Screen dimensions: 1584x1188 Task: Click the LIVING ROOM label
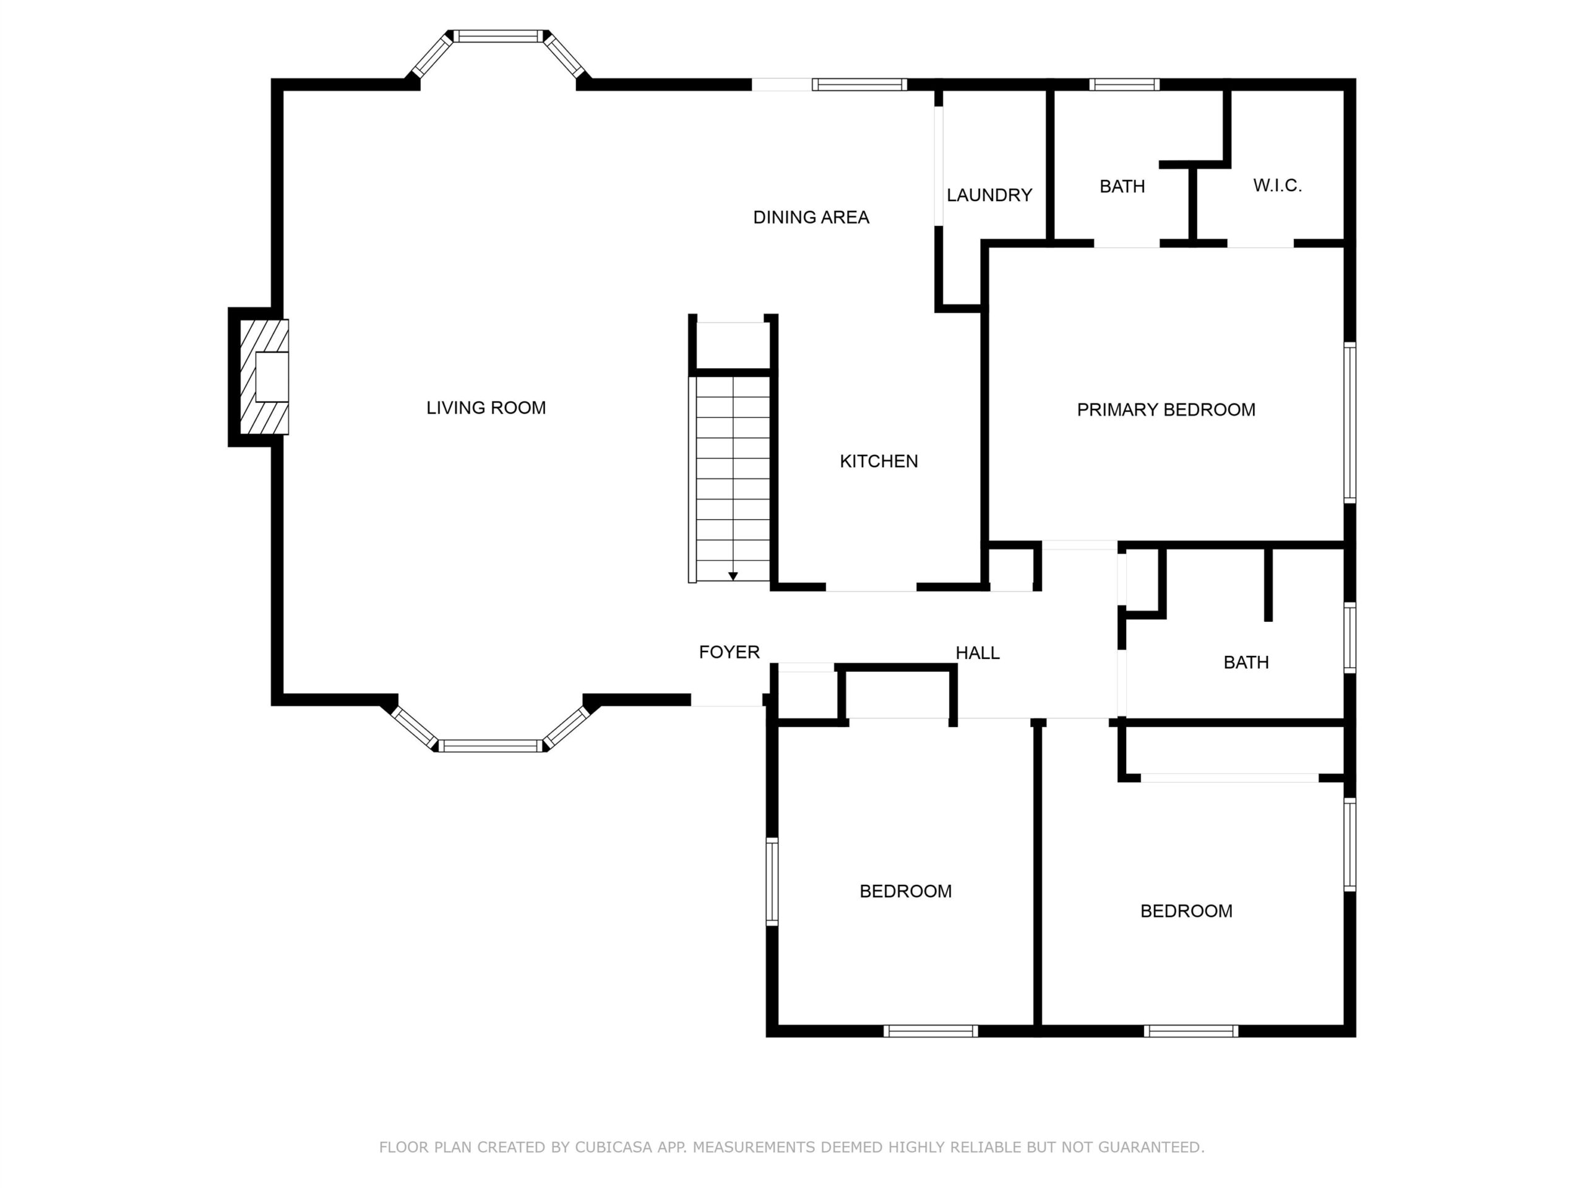pos(486,408)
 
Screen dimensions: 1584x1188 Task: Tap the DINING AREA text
pos(811,217)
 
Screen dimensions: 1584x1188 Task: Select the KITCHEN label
pos(879,461)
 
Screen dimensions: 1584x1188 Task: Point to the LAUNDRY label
pos(989,195)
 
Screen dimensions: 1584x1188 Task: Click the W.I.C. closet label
pos(1277,186)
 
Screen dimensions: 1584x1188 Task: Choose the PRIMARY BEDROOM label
pos(1166,410)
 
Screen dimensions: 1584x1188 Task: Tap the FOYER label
pos(729,652)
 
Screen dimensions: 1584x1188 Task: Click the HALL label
pos(978,652)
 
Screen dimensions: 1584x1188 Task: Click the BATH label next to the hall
pos(1246,663)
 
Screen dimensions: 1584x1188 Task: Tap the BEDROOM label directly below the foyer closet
pos(905,891)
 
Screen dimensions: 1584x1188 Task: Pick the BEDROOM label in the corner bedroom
pos(1186,911)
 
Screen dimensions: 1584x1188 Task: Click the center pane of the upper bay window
pos(498,37)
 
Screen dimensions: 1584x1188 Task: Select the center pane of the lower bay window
pos(491,746)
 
